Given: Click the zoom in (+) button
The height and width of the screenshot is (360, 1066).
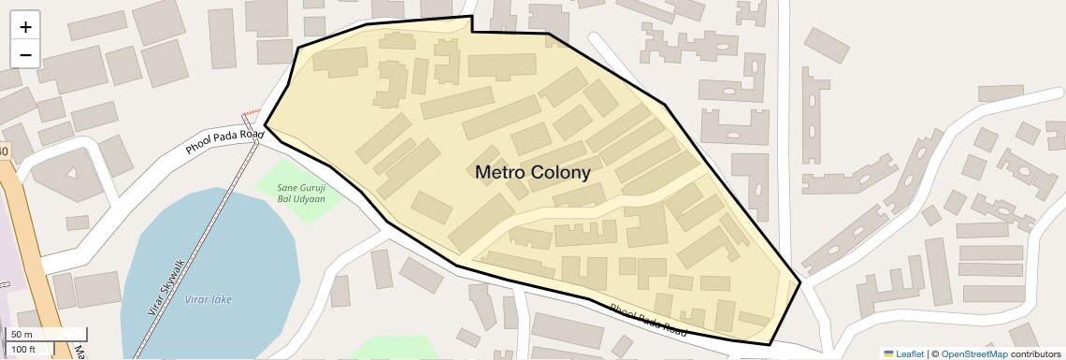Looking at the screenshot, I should (x=25, y=27).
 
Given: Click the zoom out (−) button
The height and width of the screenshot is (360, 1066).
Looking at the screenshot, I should (x=25, y=54).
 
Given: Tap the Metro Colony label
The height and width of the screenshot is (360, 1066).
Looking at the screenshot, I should (x=532, y=172).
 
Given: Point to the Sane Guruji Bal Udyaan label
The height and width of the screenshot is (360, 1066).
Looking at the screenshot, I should (x=301, y=193).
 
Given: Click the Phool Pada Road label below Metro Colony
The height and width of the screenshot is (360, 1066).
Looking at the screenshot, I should (x=647, y=320).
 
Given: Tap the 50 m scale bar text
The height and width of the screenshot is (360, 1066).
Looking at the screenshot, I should (x=22, y=335).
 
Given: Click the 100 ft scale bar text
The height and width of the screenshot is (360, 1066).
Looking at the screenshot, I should (x=23, y=350).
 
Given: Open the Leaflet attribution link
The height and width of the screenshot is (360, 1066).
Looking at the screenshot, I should (x=910, y=353).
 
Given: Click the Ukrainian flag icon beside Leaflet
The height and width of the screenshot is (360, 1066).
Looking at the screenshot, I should (x=888, y=353).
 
